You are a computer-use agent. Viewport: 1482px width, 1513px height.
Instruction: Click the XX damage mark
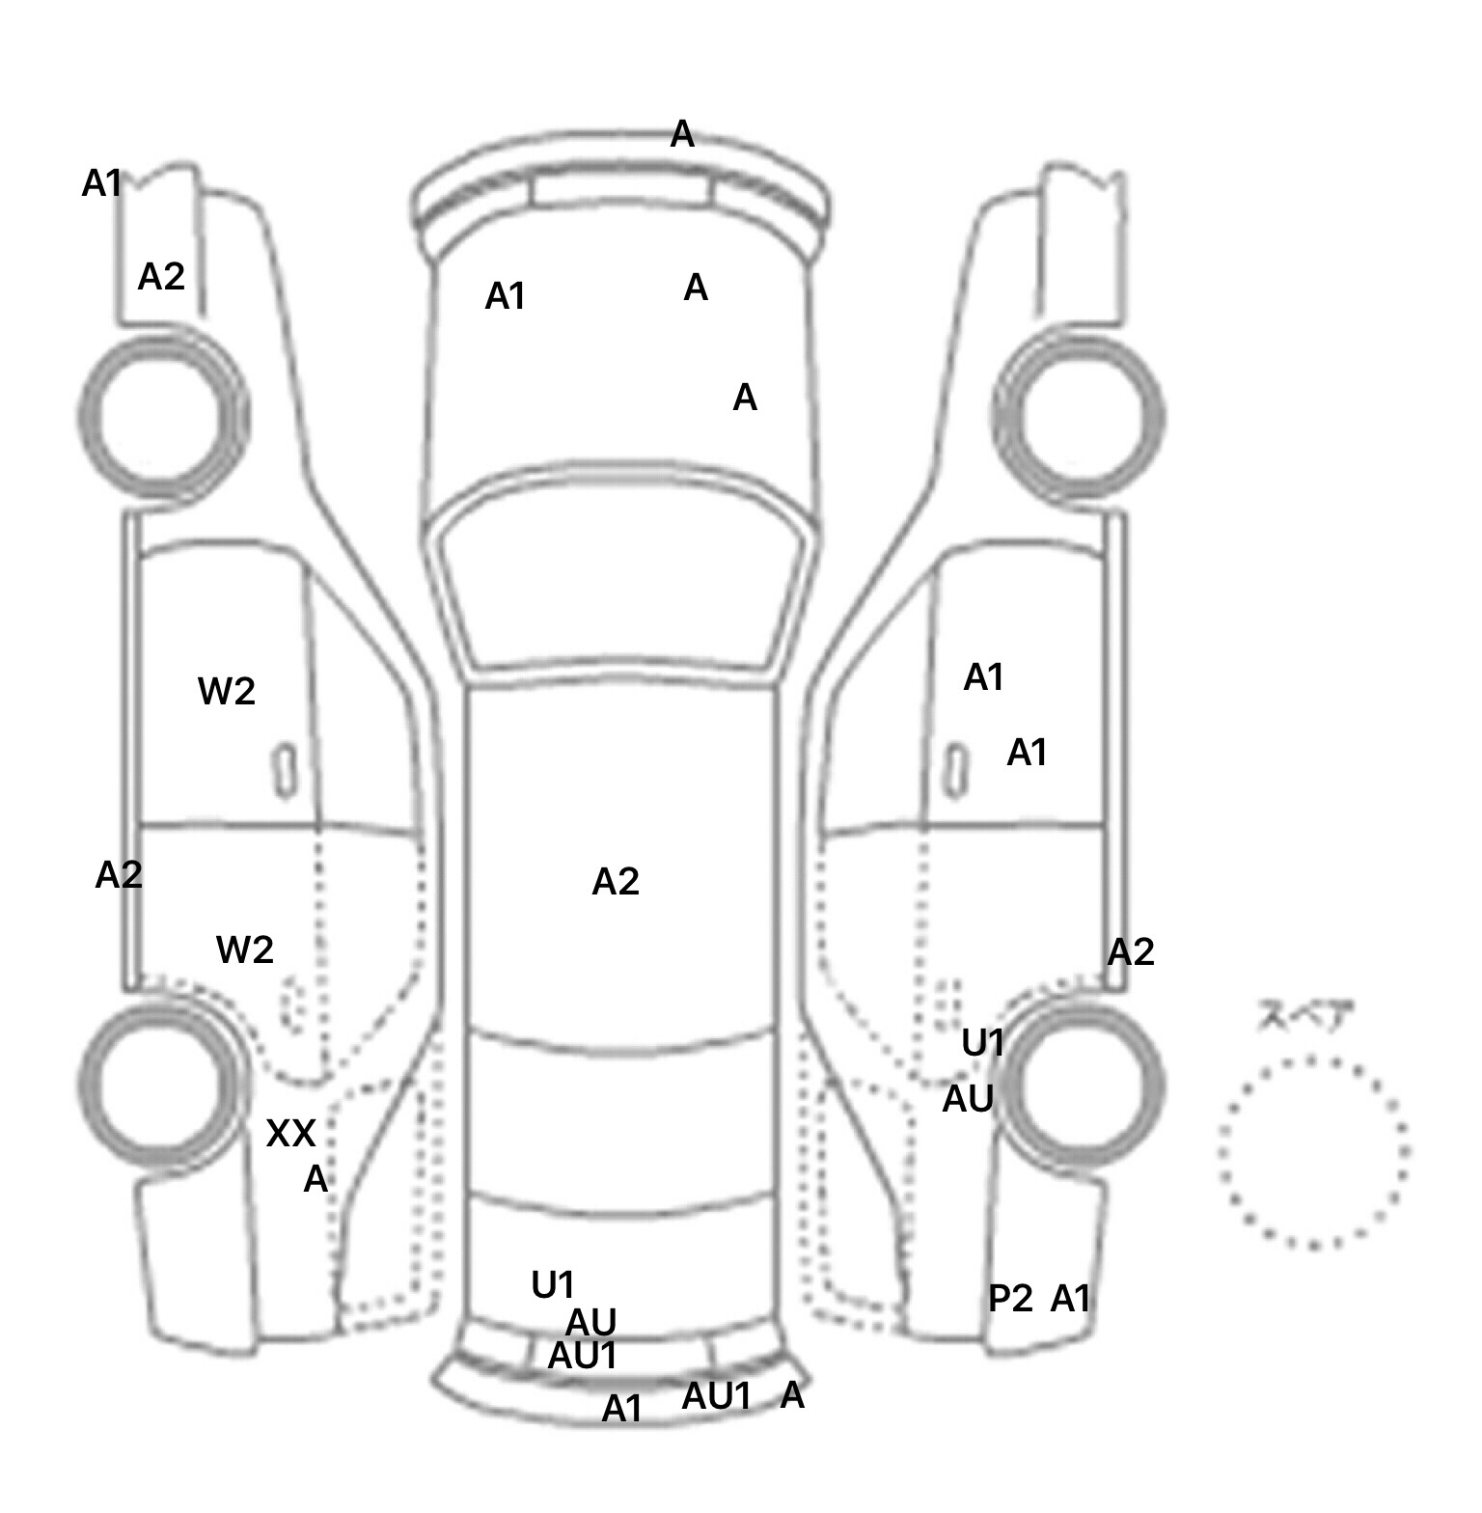[x=290, y=1134]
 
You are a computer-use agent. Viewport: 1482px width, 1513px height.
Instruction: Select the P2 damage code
[x=1010, y=1300]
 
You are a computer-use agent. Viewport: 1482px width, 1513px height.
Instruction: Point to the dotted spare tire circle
[x=1313, y=1152]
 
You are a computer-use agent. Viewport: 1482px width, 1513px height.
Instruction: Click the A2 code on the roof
[x=616, y=882]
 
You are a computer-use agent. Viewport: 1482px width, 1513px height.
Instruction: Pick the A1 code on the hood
[x=506, y=297]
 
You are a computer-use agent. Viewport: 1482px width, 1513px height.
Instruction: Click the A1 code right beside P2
[x=1070, y=1300]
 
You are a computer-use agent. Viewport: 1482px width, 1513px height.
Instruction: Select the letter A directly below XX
[x=316, y=1179]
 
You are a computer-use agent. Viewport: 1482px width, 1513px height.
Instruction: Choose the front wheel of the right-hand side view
[x=1082, y=417]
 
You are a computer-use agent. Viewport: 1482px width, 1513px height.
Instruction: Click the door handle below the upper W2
[x=285, y=771]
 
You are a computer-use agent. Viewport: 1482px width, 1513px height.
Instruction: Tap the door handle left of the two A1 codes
[x=955, y=771]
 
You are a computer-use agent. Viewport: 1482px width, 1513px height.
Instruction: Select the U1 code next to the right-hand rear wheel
[x=983, y=1043]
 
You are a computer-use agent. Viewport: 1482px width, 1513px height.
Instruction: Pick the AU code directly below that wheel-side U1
[x=968, y=1099]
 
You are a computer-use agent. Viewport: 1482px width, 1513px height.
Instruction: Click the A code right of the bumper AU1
[x=792, y=1395]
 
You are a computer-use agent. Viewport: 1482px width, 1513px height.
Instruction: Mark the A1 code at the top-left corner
[x=102, y=183]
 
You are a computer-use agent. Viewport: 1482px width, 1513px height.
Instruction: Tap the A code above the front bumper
[x=682, y=135]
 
